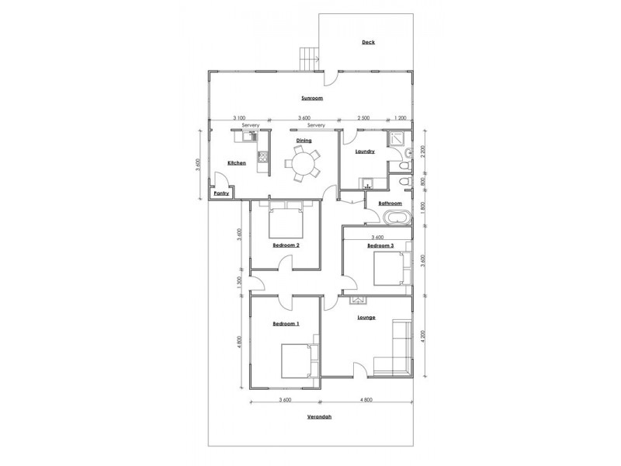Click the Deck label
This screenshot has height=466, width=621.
tap(368, 42)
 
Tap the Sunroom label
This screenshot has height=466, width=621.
tap(312, 99)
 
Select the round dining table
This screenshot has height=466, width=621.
tap(301, 164)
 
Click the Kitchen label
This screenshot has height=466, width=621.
tap(237, 162)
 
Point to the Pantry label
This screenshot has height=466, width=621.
tap(221, 193)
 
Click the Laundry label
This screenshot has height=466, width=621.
tap(366, 151)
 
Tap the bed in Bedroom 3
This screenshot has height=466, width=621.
tap(387, 270)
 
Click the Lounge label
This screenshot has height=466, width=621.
tap(366, 318)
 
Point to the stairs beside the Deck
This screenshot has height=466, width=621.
tap(310, 57)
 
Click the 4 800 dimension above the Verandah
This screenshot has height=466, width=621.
tap(366, 400)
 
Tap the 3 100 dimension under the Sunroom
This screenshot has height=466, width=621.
tap(241, 117)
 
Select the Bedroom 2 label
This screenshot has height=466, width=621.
tap(286, 245)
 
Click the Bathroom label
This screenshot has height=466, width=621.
tap(389, 203)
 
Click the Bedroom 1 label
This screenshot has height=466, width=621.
tap(286, 322)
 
